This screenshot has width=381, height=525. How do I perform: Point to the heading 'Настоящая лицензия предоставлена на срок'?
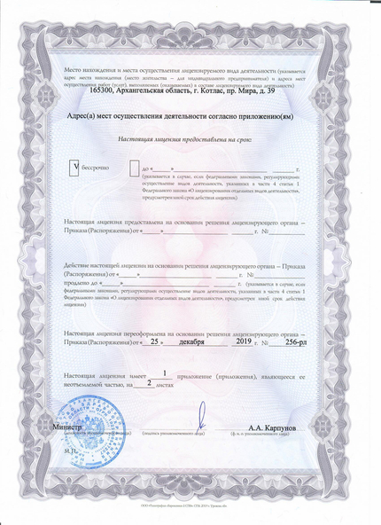pyautogui.click(x=184, y=140)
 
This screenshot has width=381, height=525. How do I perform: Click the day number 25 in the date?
pyautogui.click(x=154, y=340)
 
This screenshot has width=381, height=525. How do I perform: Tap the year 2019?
pyautogui.click(x=241, y=340)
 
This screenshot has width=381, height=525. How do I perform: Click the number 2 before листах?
pyautogui.click(x=148, y=382)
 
